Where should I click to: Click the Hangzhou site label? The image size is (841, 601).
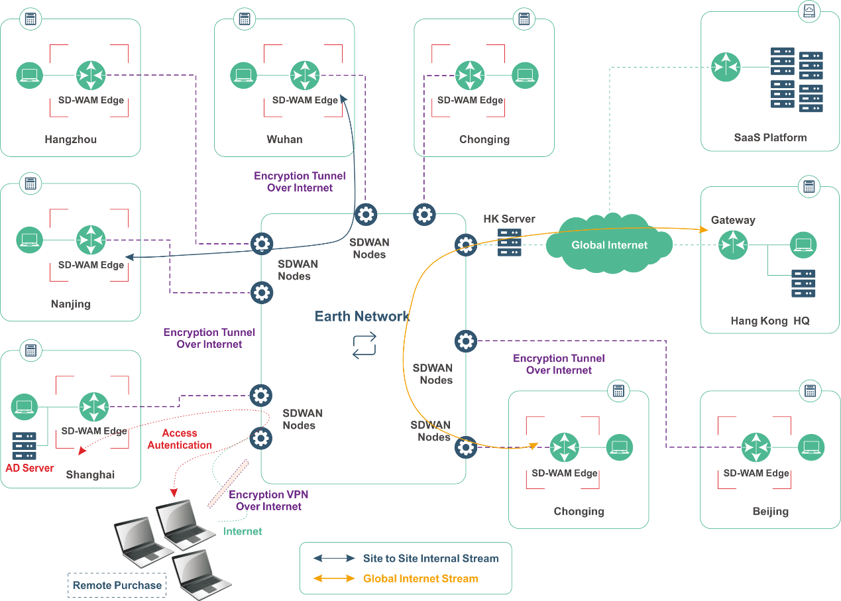[x=70, y=139]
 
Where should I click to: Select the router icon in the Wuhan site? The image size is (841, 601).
[x=305, y=76]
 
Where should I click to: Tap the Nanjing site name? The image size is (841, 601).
[x=70, y=304]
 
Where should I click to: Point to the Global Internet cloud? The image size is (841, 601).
[x=609, y=245]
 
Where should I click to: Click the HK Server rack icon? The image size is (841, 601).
[x=509, y=243]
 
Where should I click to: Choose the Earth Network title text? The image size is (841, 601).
[x=362, y=316]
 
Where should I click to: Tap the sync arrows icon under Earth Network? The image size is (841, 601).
[x=364, y=345]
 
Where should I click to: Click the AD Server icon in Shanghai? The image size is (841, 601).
[x=25, y=445]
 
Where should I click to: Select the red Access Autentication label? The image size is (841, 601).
[x=180, y=439]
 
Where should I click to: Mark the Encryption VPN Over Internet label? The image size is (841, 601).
[x=268, y=500]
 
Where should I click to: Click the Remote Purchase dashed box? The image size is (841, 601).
[x=117, y=585]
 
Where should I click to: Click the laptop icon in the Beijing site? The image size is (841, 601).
[x=811, y=447]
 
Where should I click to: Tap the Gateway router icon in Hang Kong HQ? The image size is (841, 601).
[x=733, y=245]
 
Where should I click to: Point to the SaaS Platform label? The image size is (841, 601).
[x=770, y=138]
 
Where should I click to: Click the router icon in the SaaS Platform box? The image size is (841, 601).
[x=725, y=66]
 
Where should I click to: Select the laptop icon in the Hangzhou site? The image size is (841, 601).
[x=30, y=76]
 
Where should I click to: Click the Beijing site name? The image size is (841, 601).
[x=770, y=512]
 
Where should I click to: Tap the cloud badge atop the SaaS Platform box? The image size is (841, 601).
[x=809, y=11]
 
